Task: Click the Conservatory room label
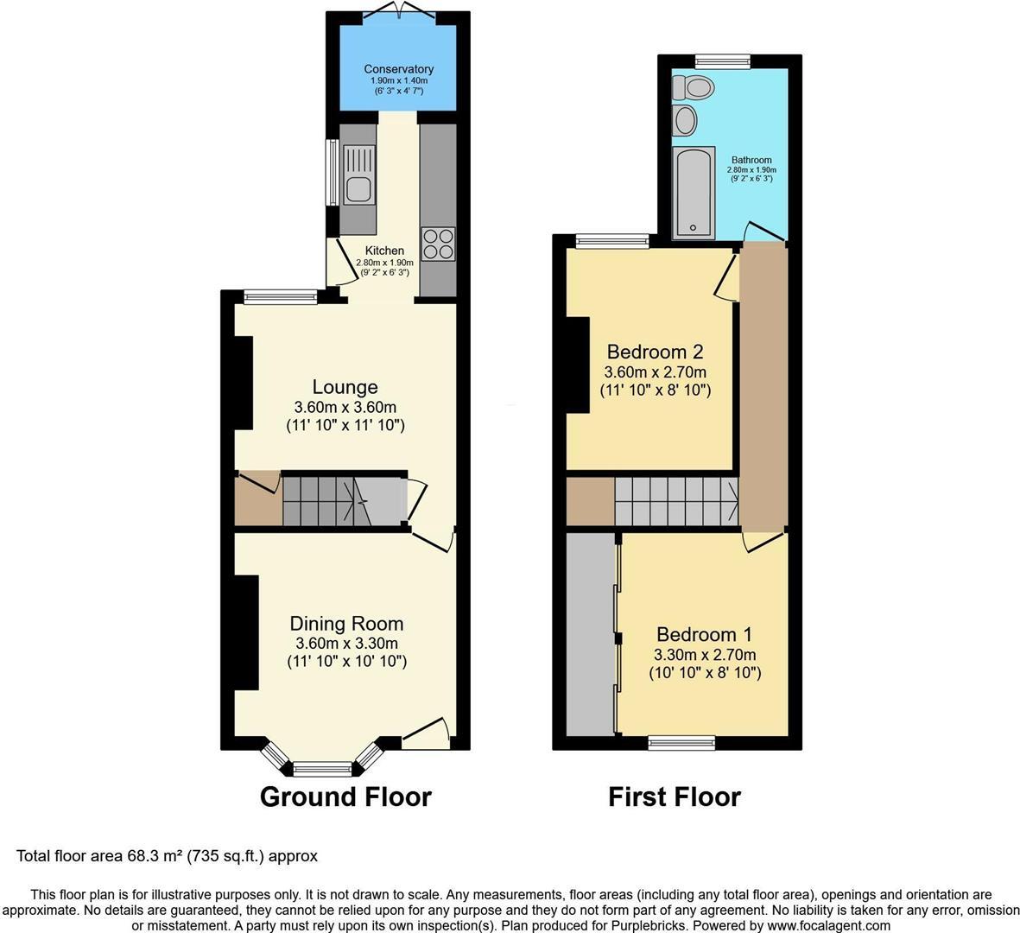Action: (x=399, y=69)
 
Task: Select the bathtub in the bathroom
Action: (x=694, y=193)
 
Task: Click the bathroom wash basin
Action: (x=685, y=120)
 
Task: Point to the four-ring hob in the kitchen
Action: (x=438, y=244)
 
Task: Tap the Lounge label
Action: (x=345, y=387)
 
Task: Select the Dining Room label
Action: (x=346, y=624)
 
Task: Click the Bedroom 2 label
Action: (x=655, y=352)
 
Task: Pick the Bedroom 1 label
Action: (x=705, y=634)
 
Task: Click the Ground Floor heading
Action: (x=345, y=797)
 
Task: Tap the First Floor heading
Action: (x=675, y=797)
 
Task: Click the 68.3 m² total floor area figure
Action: (x=151, y=855)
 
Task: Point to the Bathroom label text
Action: (x=751, y=160)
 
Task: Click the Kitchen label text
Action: (x=384, y=251)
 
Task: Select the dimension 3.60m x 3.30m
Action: (x=346, y=644)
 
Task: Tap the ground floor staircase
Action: (x=344, y=499)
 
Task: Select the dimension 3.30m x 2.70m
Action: (x=705, y=655)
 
